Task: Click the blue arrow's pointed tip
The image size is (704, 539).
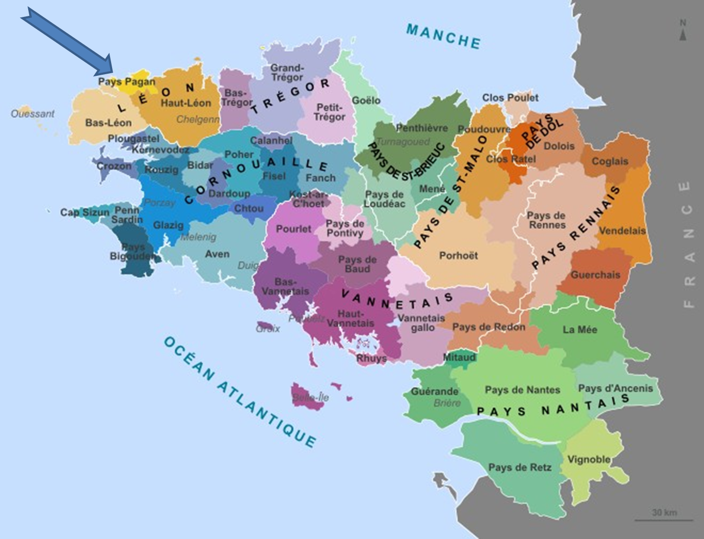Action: (111, 75)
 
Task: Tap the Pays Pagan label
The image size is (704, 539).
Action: (126, 82)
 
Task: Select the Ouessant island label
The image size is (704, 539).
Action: (33, 114)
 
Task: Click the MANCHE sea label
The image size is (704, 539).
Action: (443, 36)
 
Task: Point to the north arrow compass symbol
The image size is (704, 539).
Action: (682, 31)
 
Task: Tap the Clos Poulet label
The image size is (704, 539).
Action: (510, 97)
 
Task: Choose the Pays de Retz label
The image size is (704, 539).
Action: (520, 467)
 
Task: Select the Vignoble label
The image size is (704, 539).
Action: (589, 459)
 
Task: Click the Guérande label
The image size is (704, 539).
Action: (434, 392)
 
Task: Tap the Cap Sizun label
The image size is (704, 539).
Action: (84, 212)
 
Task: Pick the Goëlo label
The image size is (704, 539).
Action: (366, 100)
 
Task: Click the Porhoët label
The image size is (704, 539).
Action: (458, 255)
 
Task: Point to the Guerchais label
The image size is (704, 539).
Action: (595, 275)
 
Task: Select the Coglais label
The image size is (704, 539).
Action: (609, 161)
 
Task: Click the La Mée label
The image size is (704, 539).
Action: (580, 330)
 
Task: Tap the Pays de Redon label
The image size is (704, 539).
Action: (488, 327)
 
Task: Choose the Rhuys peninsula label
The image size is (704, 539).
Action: (371, 358)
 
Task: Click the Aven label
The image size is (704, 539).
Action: (217, 254)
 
